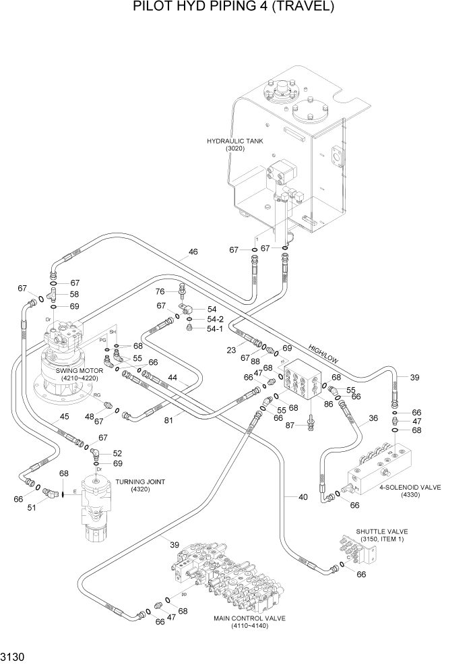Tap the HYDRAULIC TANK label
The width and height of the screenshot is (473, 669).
pyautogui.click(x=234, y=141)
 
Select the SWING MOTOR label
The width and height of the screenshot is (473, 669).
pyautogui.click(x=80, y=370)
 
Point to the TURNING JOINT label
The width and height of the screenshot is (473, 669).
pyautogui.click(x=141, y=482)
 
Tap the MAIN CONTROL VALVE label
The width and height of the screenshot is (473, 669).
pyautogui.click(x=249, y=618)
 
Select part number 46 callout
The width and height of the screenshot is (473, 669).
pyautogui.click(x=193, y=252)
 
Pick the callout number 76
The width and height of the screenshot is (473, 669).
pyautogui.click(x=160, y=291)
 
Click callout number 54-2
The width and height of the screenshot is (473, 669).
pyautogui.click(x=215, y=319)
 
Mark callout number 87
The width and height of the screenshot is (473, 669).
pyautogui.click(x=291, y=426)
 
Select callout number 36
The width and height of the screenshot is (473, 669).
pyautogui.click(x=373, y=418)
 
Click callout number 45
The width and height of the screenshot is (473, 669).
pyautogui.click(x=64, y=417)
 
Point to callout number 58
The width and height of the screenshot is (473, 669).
pyautogui.click(x=74, y=295)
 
